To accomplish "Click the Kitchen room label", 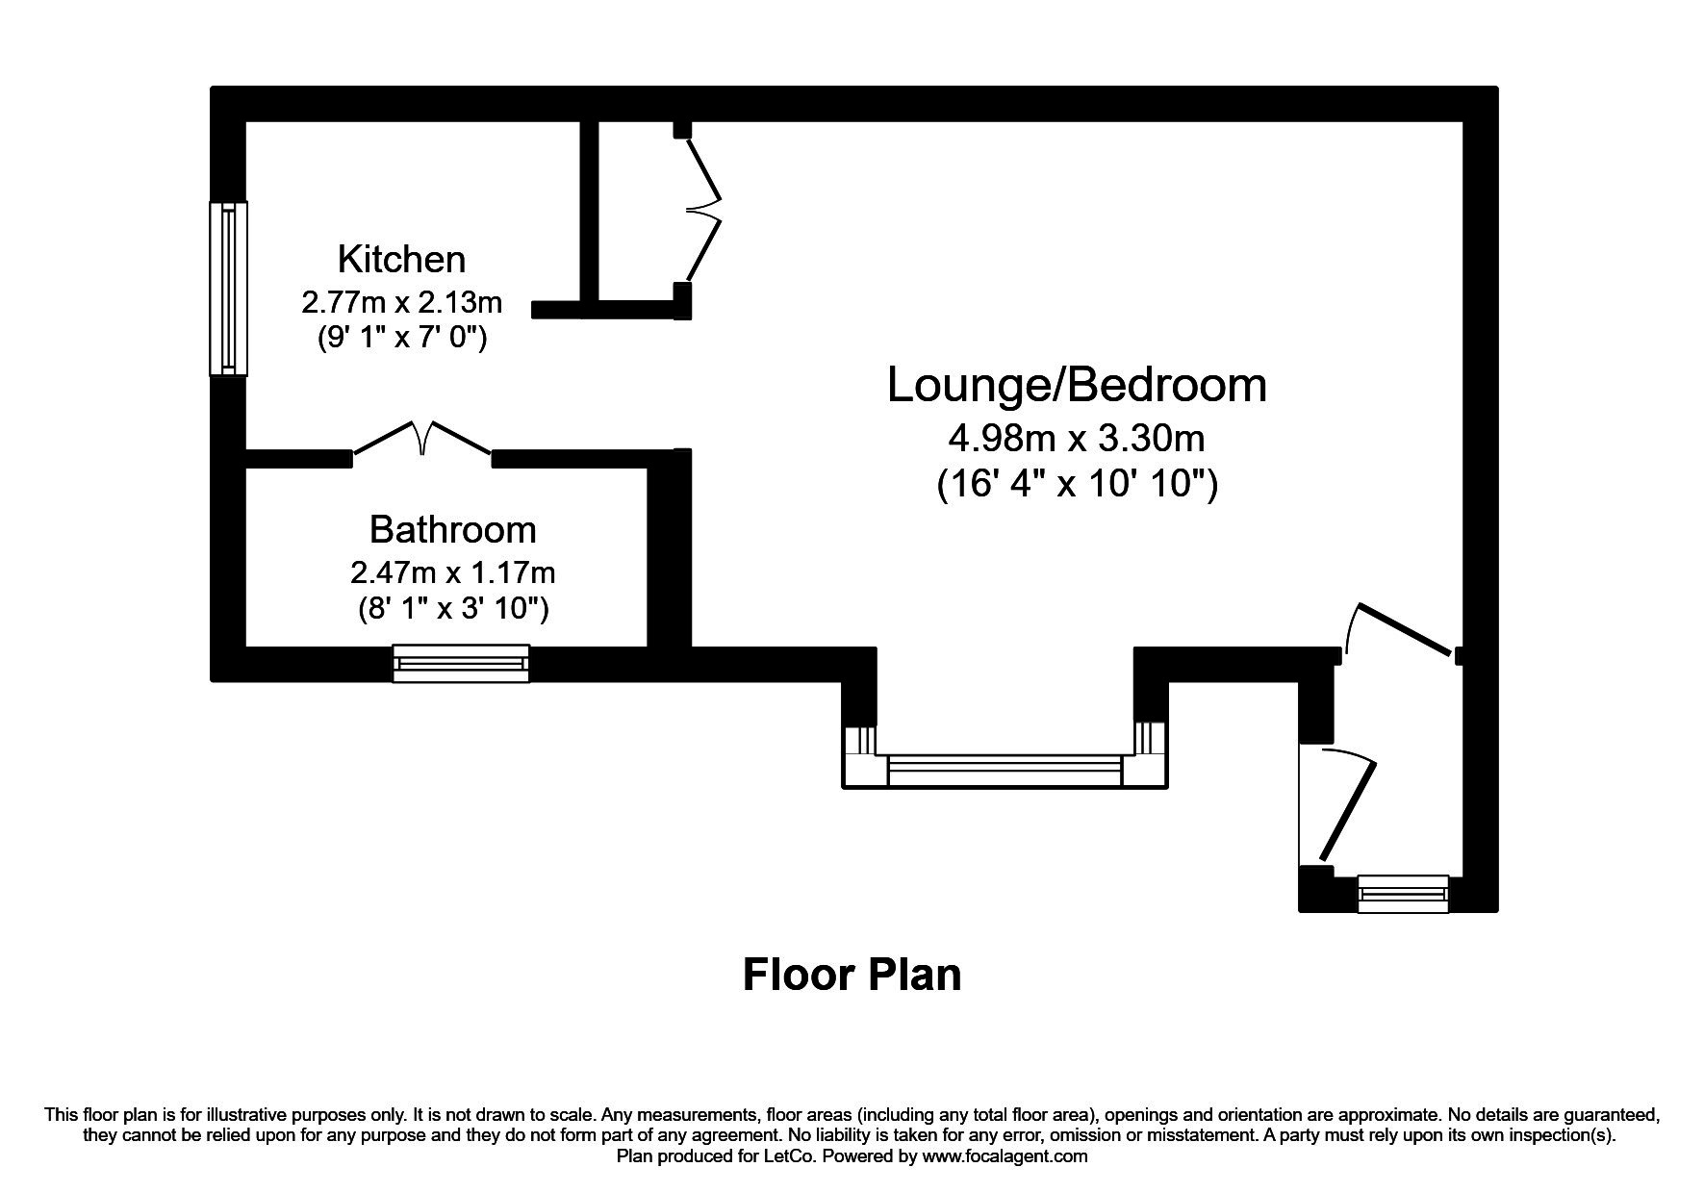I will click(x=401, y=260).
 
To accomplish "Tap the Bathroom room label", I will click(x=452, y=530).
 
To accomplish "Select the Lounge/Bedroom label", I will click(x=1077, y=386).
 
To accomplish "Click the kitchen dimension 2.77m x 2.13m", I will click(x=401, y=303).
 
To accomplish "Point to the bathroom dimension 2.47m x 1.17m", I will click(x=452, y=573).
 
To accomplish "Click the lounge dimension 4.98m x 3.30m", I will click(x=1077, y=440).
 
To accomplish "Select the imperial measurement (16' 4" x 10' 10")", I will click(x=1077, y=484).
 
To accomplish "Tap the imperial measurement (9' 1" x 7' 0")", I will click(x=401, y=339).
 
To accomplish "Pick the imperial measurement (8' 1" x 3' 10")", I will click(x=452, y=609).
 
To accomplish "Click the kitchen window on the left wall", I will click(x=228, y=289).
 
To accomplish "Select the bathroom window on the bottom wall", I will click(x=461, y=663).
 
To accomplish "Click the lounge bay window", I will click(x=1005, y=770).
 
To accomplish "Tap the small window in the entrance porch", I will click(x=1402, y=894).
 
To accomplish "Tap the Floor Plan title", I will click(x=852, y=975).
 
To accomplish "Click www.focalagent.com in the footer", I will click(x=1005, y=1156).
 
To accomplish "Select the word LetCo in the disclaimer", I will click(x=793, y=1156).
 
